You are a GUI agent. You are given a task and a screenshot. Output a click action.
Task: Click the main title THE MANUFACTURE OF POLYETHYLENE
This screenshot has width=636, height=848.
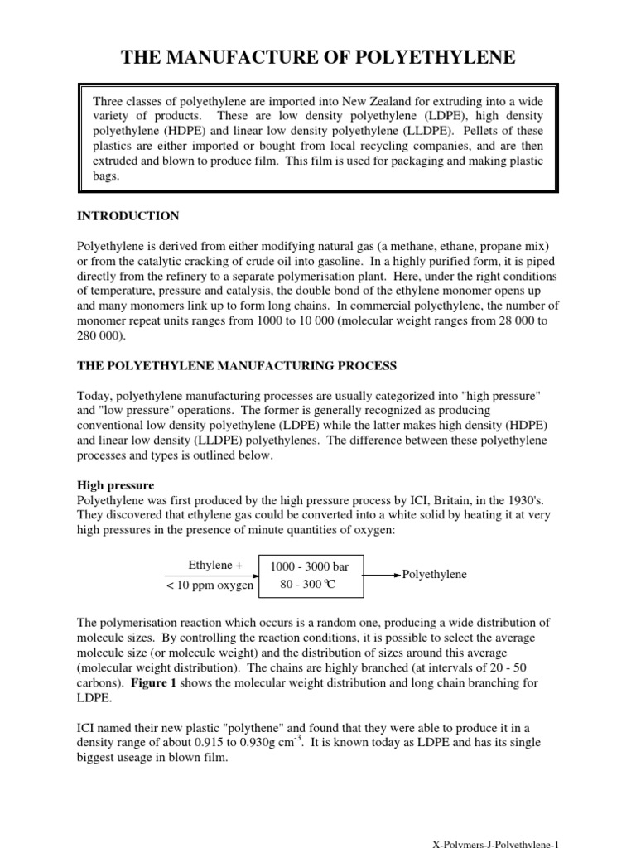319,57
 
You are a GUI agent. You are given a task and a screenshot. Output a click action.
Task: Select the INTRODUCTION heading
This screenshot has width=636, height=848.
128,216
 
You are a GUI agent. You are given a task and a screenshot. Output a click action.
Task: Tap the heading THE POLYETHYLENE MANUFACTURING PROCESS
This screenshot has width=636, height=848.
237,365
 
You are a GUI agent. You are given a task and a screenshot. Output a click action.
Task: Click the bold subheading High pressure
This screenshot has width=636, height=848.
116,484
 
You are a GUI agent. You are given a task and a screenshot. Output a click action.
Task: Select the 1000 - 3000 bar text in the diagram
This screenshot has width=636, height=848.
304,567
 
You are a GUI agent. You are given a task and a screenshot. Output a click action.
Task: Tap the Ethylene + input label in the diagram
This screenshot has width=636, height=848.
215,566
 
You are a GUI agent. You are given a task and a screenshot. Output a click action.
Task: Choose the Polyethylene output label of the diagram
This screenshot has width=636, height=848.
435,575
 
